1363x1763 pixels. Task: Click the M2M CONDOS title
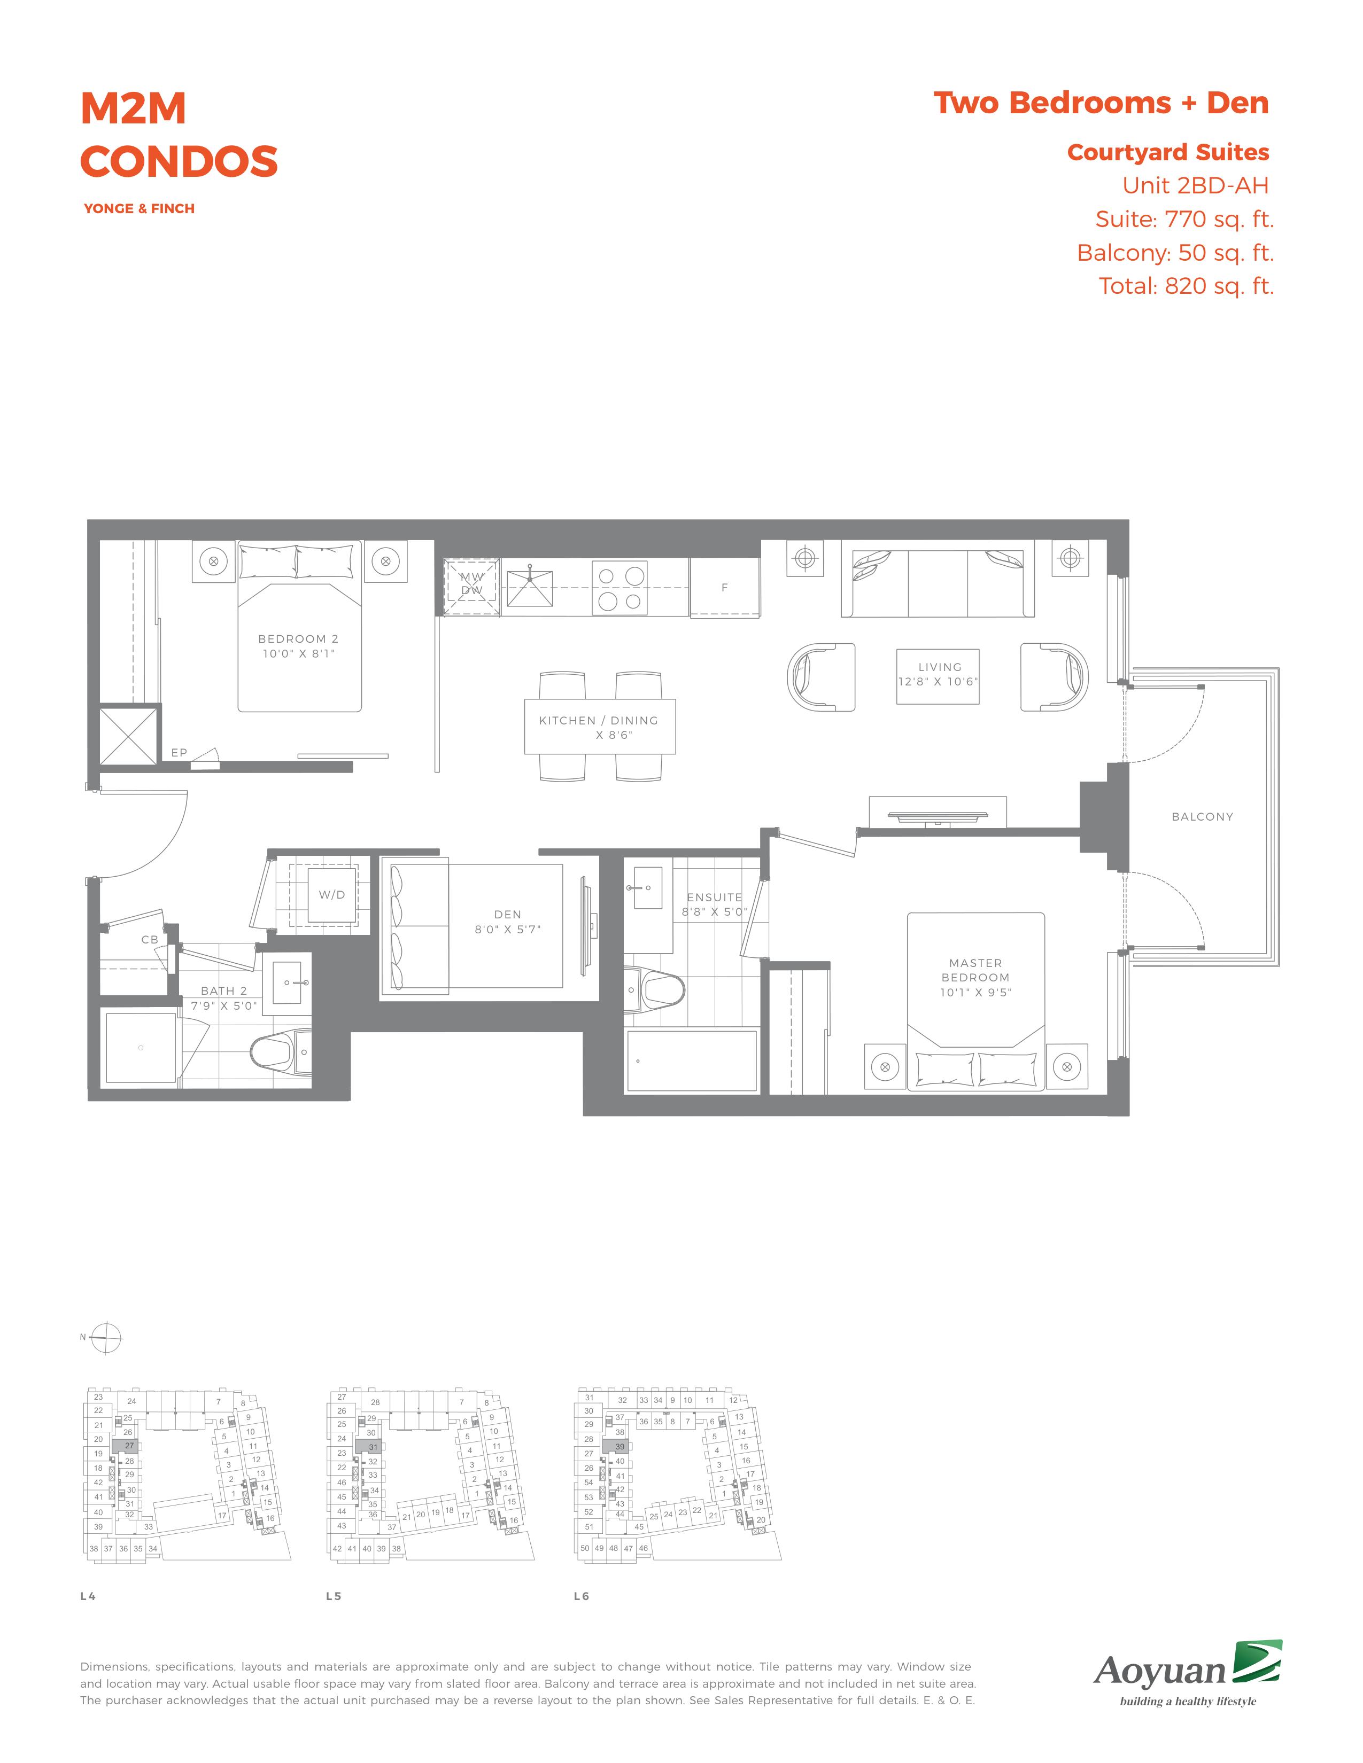pyautogui.click(x=179, y=135)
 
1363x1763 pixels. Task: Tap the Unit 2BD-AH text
pyautogui.click(x=1195, y=186)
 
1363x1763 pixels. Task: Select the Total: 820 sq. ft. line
pyautogui.click(x=1186, y=286)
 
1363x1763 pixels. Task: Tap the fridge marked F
pyautogui.click(x=724, y=588)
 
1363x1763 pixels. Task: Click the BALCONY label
pyautogui.click(x=1202, y=816)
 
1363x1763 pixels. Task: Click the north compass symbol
pyautogui.click(x=106, y=1338)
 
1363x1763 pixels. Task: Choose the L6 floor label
pyautogui.click(x=582, y=1596)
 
